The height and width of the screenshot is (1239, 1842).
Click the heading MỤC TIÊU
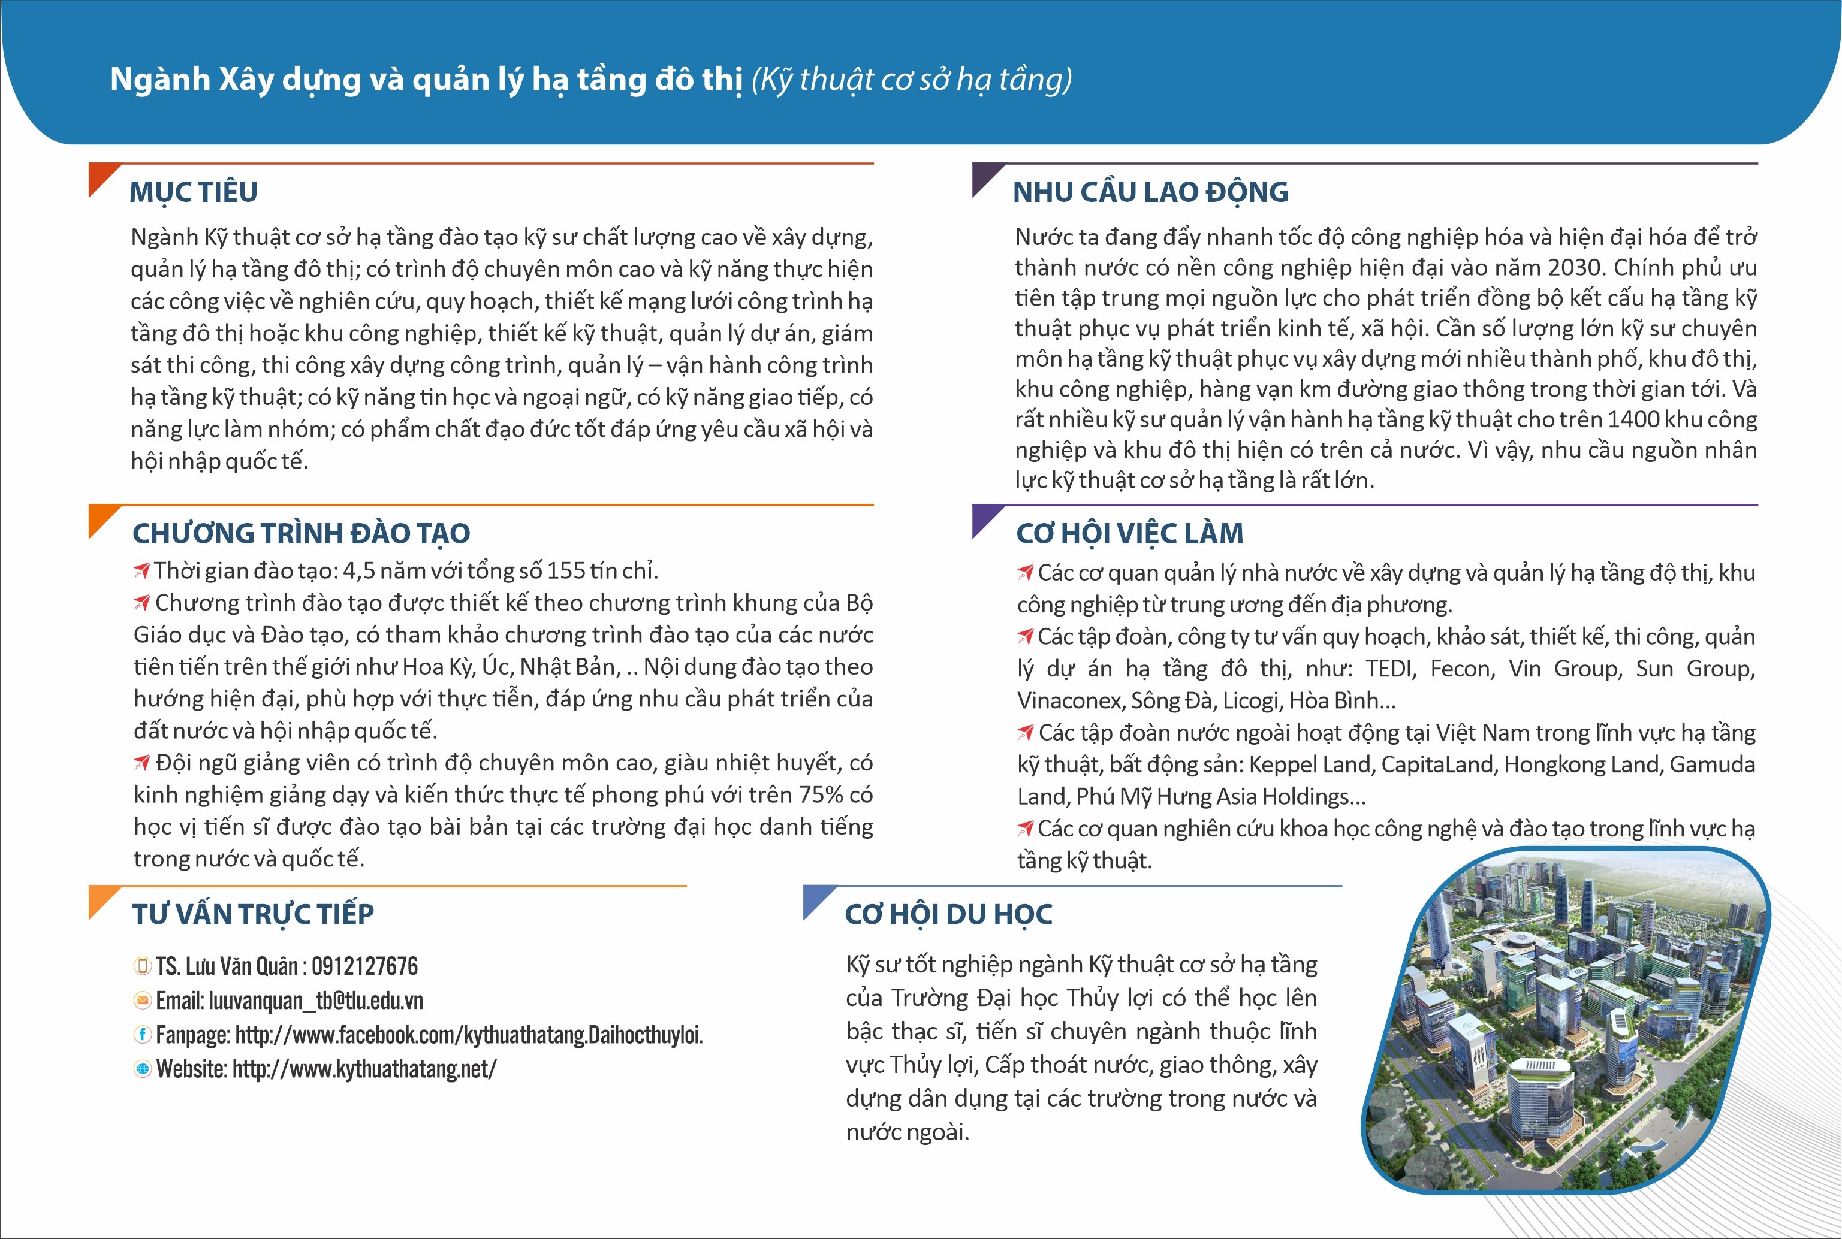194,192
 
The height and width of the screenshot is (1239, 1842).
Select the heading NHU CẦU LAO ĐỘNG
1150,192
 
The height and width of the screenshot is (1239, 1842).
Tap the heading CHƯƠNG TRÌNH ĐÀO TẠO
301,533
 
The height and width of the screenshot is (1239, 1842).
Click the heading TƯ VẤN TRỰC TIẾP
253,914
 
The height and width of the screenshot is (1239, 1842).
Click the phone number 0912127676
364,966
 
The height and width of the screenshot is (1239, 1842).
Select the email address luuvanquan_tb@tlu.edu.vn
316,1001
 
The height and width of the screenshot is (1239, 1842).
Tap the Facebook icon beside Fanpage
142,1034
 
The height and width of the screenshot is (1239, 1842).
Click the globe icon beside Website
142,1069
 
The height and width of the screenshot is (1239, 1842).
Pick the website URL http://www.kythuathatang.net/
364,1069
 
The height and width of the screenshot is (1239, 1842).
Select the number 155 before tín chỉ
567,570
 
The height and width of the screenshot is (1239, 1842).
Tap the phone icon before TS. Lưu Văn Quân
142,966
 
